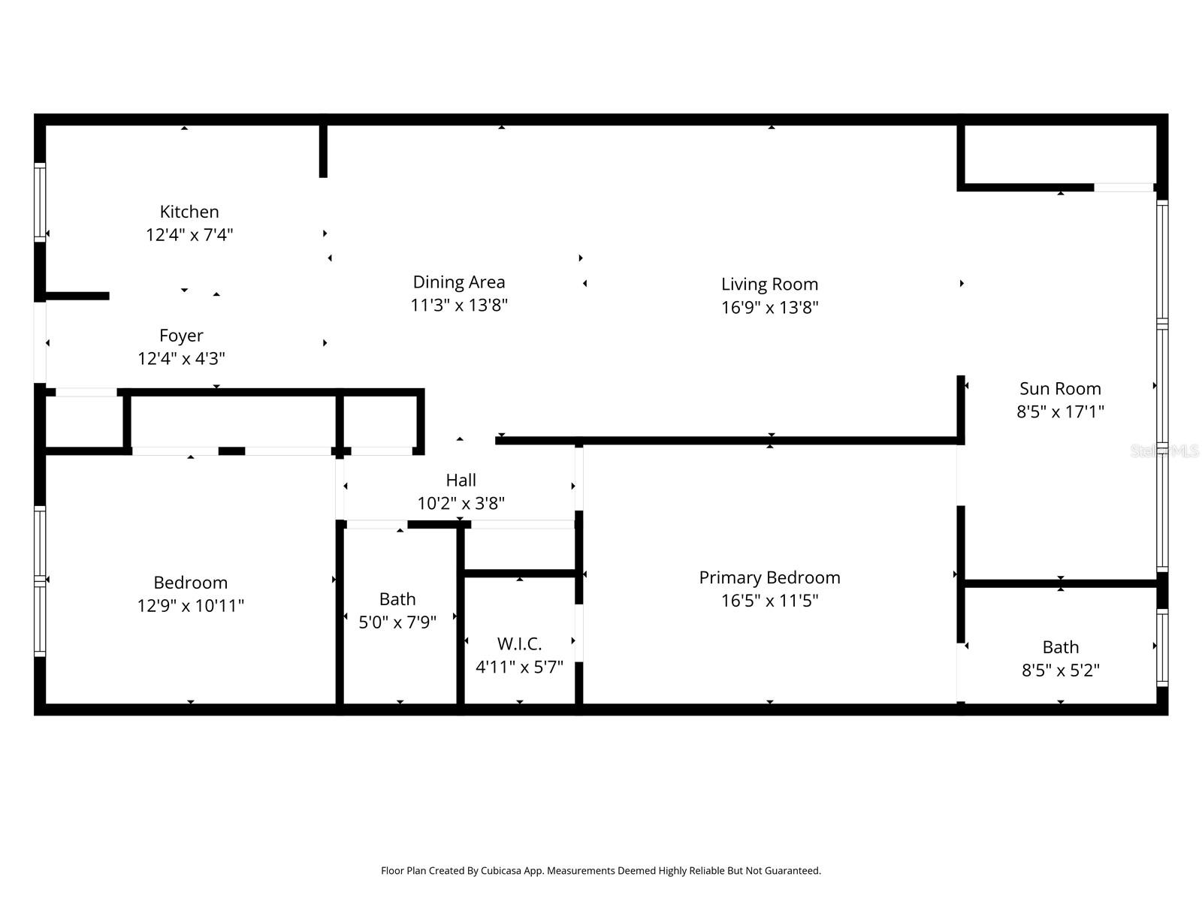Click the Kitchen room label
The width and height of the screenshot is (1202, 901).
(x=189, y=212)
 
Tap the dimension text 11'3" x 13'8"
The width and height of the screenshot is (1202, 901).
(x=459, y=306)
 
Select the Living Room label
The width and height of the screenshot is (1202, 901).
(x=769, y=285)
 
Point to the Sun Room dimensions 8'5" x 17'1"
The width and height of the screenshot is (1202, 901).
(x=1060, y=411)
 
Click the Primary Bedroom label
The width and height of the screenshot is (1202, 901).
(x=769, y=577)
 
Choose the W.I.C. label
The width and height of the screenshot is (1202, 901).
(x=519, y=644)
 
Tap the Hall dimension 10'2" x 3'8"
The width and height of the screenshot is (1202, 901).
(x=461, y=503)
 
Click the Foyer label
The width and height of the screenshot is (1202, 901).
(x=181, y=336)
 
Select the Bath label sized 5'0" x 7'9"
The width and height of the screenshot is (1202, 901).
(x=397, y=599)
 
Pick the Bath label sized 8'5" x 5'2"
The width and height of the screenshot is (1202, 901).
(x=1060, y=647)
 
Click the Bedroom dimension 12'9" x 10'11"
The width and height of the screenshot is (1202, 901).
(x=190, y=606)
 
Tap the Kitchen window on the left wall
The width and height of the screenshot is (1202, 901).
(x=40, y=203)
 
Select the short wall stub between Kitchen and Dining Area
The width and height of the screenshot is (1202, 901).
(x=323, y=150)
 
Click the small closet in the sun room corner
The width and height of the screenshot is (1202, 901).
(x=1059, y=154)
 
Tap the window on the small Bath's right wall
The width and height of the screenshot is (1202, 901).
(x=1161, y=647)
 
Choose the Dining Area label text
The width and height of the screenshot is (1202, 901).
(x=459, y=282)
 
